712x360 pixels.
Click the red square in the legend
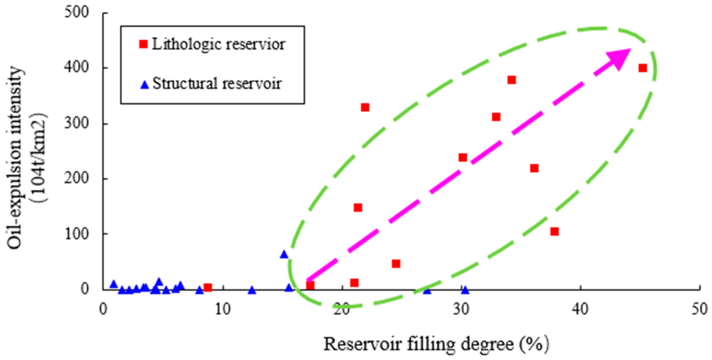[143, 44]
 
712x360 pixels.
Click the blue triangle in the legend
[145, 84]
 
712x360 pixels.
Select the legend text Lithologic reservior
[218, 44]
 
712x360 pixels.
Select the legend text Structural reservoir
[217, 83]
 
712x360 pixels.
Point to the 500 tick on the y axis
[77, 12]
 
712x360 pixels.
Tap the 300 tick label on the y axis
[77, 123]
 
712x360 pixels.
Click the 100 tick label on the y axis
[77, 234]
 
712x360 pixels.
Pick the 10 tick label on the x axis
[223, 309]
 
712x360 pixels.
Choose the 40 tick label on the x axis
[580, 309]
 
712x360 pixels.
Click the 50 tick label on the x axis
[700, 309]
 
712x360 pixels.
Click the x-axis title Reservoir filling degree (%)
[436, 344]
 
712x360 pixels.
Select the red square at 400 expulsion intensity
[642, 68]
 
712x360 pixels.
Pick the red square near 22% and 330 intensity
[365, 107]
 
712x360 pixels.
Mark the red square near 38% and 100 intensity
[554, 231]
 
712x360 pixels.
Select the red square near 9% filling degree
[208, 288]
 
